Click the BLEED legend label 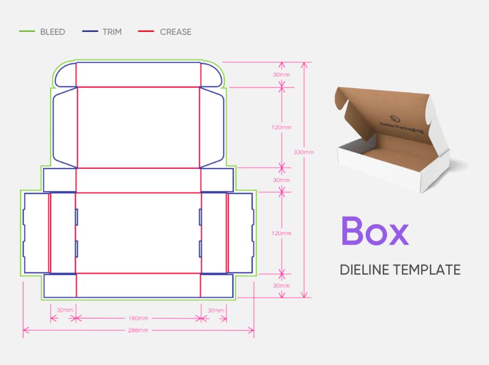tap(53, 32)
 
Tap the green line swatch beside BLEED tap(27, 32)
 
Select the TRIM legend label tap(112, 32)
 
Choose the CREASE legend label tap(175, 32)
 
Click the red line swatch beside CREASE tap(146, 32)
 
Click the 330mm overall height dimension tap(304, 152)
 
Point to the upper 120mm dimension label tap(282, 128)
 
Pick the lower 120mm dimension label tap(282, 234)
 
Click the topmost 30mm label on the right tap(282, 75)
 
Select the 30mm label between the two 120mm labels tap(282, 180)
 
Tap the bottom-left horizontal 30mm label tap(64, 310)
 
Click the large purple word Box tap(375, 231)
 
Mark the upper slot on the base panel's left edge tap(76, 217)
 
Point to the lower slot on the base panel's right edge tap(200, 249)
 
